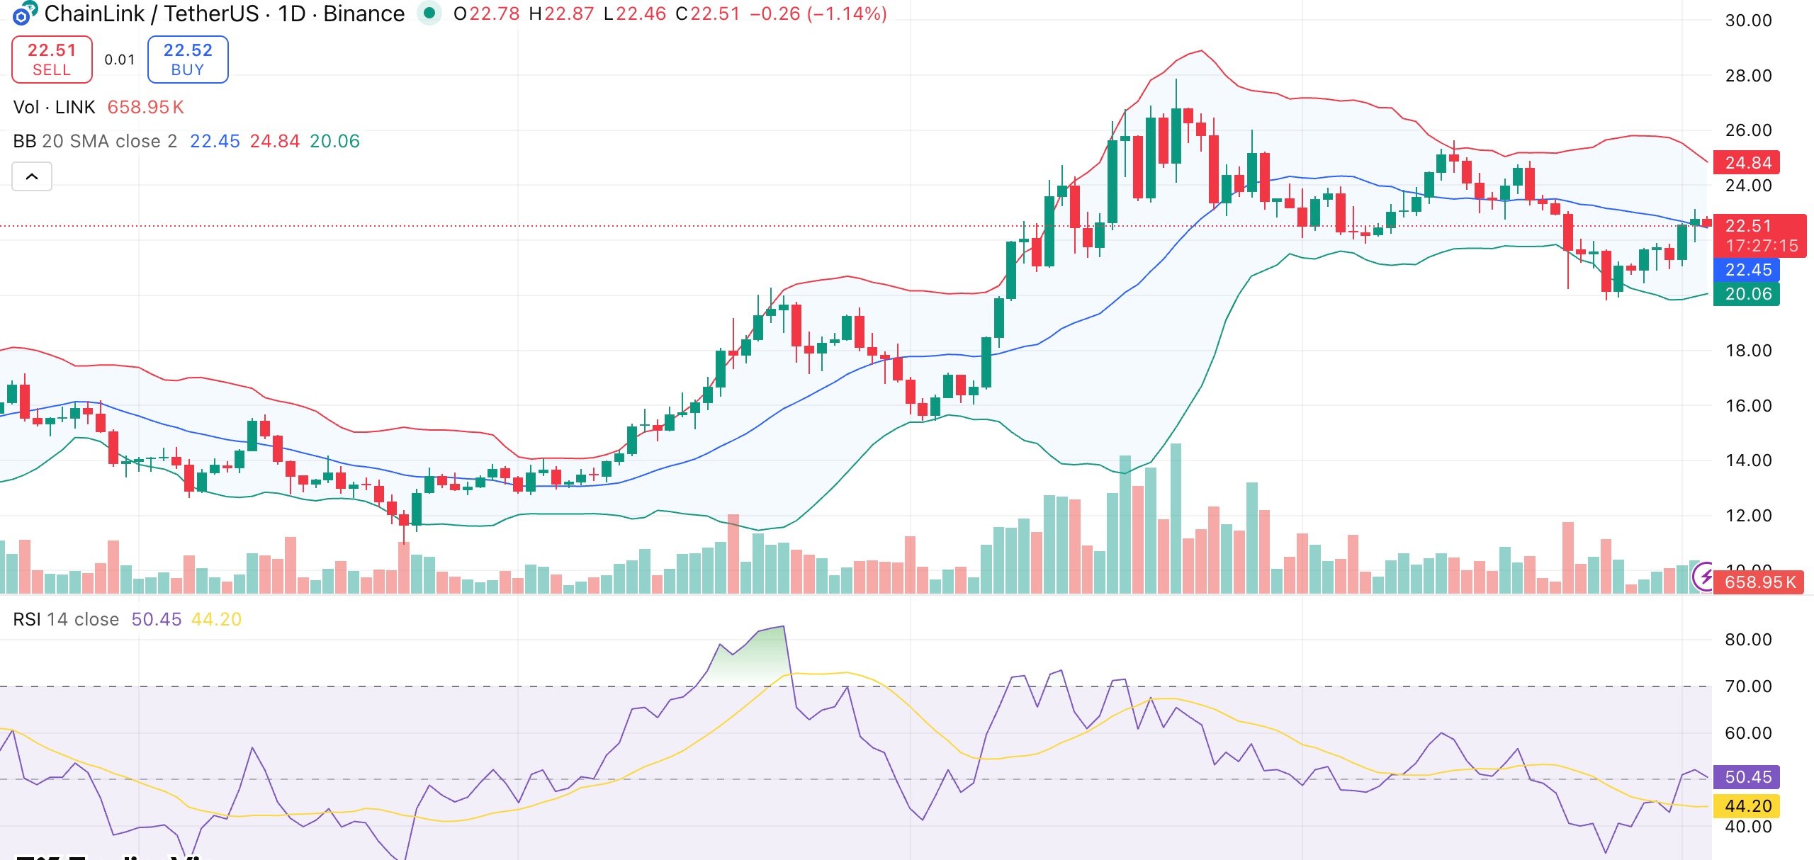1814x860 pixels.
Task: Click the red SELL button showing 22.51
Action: click(x=52, y=60)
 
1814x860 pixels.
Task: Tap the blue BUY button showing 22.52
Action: click(x=188, y=60)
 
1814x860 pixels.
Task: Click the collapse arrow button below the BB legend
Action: click(x=32, y=176)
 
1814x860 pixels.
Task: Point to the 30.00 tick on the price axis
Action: click(x=1748, y=21)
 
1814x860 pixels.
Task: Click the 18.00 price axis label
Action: click(x=1748, y=351)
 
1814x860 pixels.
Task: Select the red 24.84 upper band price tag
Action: click(x=1747, y=163)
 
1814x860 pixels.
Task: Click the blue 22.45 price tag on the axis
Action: click(x=1747, y=270)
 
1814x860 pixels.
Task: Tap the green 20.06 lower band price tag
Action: click(x=1747, y=294)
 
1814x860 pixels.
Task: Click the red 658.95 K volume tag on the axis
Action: click(x=1759, y=582)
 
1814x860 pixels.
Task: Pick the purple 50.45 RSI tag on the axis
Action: click(x=1747, y=777)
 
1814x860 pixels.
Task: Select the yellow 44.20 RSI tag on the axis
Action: click(x=1747, y=806)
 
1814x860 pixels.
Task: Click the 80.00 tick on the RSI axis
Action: click(x=1748, y=640)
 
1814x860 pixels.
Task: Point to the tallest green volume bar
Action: click(x=1176, y=517)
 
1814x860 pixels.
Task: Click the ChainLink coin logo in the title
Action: click(x=24, y=13)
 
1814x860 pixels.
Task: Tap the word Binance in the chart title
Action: click(x=364, y=13)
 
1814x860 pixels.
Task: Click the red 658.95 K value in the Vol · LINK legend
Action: click(x=145, y=107)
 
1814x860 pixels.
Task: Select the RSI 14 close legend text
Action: click(x=66, y=619)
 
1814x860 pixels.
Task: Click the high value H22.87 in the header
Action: click(x=561, y=13)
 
